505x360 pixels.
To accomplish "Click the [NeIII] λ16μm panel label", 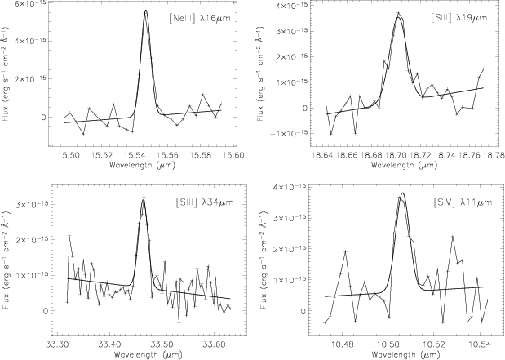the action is coord(199,19).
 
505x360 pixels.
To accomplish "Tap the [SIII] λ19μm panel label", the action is coord(459,17).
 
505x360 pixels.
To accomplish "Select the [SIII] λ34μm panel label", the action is coord(205,202).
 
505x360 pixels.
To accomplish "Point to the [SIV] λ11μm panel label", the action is coord(463,202).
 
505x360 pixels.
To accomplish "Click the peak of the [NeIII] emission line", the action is coord(145,10).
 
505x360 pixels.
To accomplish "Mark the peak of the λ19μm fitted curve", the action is coord(398,17).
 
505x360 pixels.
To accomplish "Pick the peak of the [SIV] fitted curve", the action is coord(402,193).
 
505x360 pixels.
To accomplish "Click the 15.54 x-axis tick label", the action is coord(143,155).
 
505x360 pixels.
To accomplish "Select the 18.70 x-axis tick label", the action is coord(396,155).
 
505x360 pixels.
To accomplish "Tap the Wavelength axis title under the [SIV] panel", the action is coord(404,354).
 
